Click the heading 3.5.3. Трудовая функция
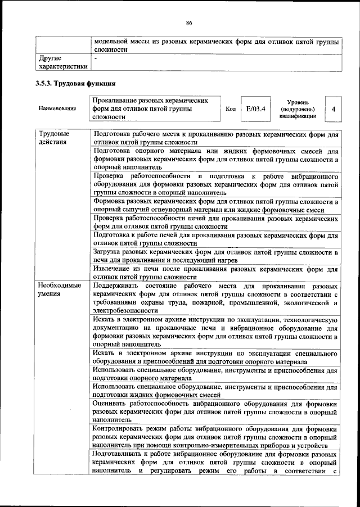click(75, 84)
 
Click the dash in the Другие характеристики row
click(96, 58)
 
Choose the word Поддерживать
click(117, 285)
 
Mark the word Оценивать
click(112, 404)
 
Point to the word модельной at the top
click(113, 41)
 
